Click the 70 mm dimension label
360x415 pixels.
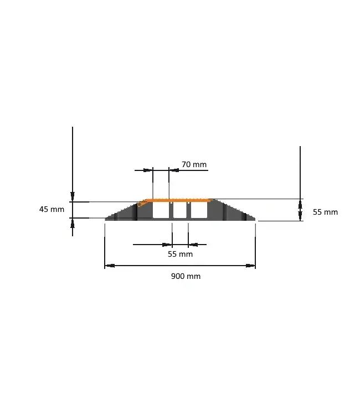pos(194,164)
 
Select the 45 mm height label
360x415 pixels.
pos(52,209)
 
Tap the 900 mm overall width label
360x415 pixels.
pos(186,276)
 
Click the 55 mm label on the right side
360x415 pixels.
pos(325,212)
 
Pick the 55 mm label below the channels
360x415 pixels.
pos(180,254)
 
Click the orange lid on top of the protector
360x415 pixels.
pos(177,200)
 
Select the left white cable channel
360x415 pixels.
pos(161,211)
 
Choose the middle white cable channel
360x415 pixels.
pos(180,211)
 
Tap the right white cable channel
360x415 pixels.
pos(199,211)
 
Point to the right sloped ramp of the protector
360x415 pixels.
pos(235,212)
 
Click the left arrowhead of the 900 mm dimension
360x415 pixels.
pos(109,266)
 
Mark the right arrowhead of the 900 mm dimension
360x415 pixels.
pos(251,266)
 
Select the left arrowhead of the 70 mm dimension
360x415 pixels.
pos(148,170)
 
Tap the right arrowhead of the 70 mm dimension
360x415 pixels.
pos(173,170)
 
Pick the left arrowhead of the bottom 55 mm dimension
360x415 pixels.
pos(167,244)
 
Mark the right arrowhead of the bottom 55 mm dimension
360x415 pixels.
pos(193,244)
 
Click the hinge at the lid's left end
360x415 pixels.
pos(141,204)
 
